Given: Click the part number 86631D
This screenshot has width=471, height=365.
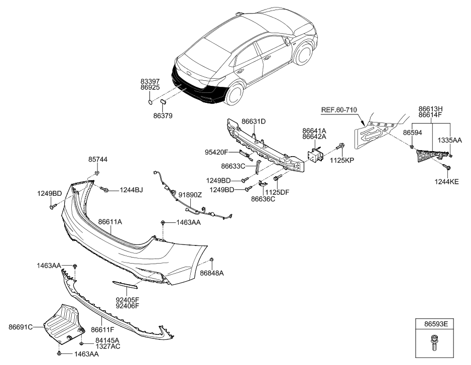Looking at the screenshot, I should point(254,121).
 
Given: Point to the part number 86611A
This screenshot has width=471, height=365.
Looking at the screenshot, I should point(110,221).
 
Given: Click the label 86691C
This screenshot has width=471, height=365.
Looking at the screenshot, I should point(21,327).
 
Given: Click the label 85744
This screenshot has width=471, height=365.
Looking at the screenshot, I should point(98,160).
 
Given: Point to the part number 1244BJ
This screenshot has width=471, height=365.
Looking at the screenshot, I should point(131,190).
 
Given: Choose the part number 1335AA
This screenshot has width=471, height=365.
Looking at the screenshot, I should point(450,141).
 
